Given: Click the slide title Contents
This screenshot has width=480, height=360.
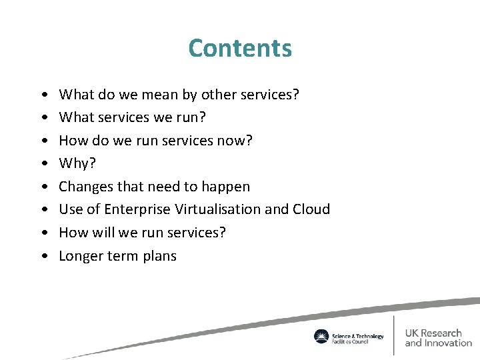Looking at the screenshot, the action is coord(240,48).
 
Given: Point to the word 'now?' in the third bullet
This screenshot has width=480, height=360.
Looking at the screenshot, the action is coord(235,141).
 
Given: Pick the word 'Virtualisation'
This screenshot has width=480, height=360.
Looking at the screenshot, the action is coord(217,209).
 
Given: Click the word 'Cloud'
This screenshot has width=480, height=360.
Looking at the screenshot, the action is coord(311,209).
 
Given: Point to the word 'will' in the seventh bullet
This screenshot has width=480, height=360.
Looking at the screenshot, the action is coord(106,233).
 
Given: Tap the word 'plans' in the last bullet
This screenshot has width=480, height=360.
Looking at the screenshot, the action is coord(158,256).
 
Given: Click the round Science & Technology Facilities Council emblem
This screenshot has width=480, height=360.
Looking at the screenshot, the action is coord(321,337).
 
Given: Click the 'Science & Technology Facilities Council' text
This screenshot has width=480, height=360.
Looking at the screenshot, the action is coord(357,337).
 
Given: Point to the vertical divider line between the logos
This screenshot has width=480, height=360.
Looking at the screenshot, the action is coord(395,335).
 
